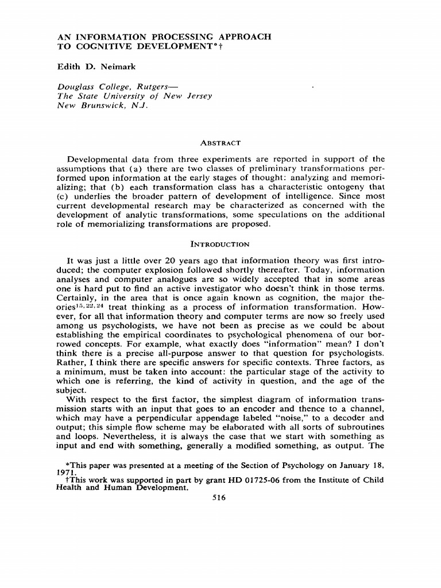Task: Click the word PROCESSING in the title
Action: point(172,37)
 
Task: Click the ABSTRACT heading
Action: point(220,142)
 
